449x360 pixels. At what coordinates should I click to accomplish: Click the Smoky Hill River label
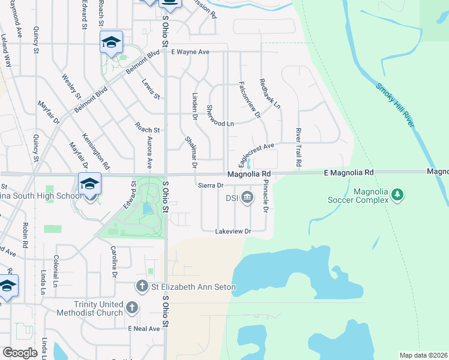pyautogui.click(x=395, y=104)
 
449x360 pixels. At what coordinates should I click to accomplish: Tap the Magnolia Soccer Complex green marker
pyautogui.click(x=397, y=194)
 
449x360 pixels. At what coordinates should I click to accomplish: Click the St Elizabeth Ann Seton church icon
pyautogui.click(x=142, y=287)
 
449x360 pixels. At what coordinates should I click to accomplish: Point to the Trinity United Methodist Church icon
pyautogui.click(x=133, y=308)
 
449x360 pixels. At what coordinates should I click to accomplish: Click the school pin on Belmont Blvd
pyautogui.click(x=111, y=42)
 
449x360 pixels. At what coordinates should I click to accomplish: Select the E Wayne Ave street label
pyautogui.click(x=190, y=52)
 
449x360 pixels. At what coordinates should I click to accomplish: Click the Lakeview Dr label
pyautogui.click(x=233, y=231)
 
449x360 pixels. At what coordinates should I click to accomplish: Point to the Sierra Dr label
pyautogui.click(x=211, y=185)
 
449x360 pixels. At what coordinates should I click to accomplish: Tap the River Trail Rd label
pyautogui.click(x=298, y=147)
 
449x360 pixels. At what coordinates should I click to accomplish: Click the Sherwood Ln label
pyautogui.click(x=220, y=115)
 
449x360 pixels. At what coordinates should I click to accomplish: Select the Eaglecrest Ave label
pyautogui.click(x=256, y=152)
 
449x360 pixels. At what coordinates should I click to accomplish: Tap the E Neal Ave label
pyautogui.click(x=144, y=329)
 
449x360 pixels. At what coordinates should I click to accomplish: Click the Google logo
pyautogui.click(x=20, y=353)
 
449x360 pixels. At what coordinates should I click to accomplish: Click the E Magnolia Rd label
pyautogui.click(x=348, y=172)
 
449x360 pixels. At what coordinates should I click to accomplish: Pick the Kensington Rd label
pyautogui.click(x=97, y=151)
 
